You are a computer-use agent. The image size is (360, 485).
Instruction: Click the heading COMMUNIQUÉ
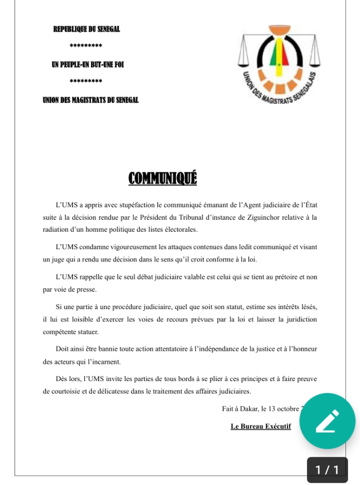162,178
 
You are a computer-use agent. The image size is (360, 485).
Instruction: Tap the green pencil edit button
327,421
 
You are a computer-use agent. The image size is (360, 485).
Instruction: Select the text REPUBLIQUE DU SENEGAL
87,29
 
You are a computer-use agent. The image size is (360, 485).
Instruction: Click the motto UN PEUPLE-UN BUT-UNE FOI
88,64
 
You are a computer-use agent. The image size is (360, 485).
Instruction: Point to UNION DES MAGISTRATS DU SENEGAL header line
90,100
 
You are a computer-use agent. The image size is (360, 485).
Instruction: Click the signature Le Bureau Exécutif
260,427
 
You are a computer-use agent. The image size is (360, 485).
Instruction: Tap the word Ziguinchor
256,218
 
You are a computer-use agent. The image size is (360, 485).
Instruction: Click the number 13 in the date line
277,409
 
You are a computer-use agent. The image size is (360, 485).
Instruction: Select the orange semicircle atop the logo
279,34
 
